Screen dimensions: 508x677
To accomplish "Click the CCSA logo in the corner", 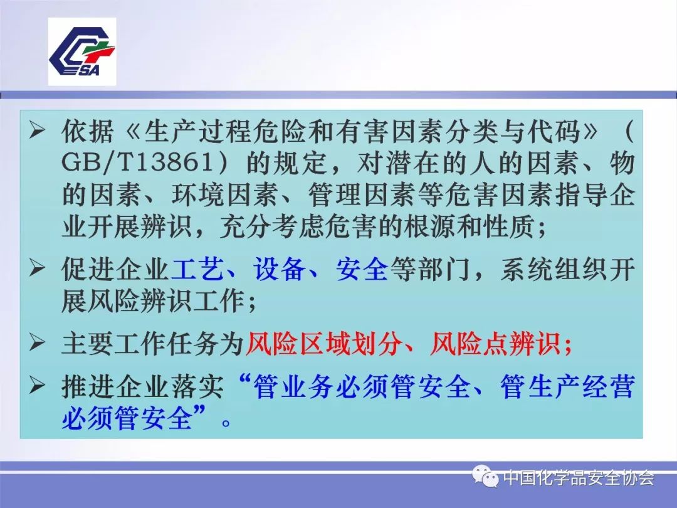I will tap(82, 51).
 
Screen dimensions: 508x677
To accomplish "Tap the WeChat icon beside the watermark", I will tap(485, 478).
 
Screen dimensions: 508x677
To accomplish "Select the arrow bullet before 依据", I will tap(38, 131).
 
